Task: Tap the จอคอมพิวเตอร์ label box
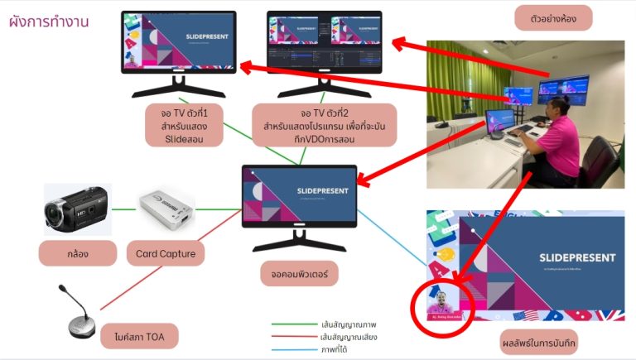pos(299,274)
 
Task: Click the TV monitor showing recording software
pos(324,45)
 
